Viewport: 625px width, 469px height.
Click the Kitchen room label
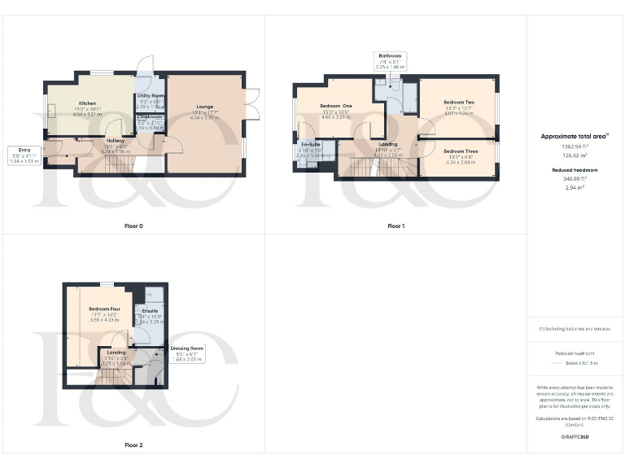click(x=88, y=104)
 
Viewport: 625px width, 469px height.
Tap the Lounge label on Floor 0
click(x=204, y=106)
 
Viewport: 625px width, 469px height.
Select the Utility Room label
click(x=151, y=96)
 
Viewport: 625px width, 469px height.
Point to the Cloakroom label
click(x=150, y=117)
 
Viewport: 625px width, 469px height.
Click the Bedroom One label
click(x=335, y=106)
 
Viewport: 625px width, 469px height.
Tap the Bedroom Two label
click(x=460, y=103)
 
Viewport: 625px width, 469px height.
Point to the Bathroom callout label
click(x=390, y=56)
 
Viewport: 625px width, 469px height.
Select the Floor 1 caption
click(x=396, y=226)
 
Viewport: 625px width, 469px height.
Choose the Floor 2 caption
click(x=133, y=445)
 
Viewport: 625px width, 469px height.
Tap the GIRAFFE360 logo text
click(x=575, y=437)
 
